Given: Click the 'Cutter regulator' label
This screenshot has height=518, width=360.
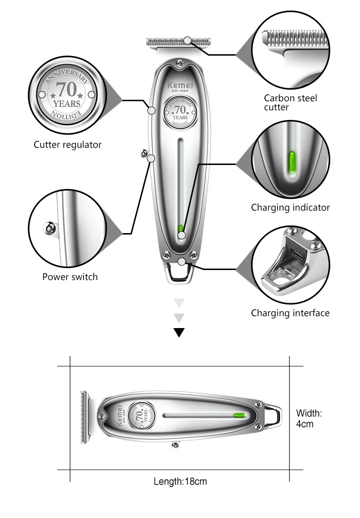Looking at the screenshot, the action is coord(67,145).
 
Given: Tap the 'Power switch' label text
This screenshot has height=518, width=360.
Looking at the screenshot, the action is coord(70,277).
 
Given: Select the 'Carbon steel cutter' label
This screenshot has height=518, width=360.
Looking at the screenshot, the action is coord(290,103).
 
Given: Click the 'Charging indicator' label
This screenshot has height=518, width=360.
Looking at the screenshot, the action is coord(290,208).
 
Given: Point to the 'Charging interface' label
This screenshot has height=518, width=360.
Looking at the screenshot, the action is coord(290,313).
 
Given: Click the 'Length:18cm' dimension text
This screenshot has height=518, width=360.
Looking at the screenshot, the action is coord(180,482).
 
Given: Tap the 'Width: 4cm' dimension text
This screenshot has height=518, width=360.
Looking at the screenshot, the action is coord(309,419).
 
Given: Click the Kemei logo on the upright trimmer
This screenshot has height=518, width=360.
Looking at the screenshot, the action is coord(180,85).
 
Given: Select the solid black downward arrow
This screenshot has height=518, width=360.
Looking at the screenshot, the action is coord(179,332).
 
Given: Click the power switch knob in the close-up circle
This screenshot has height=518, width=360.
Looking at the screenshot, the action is coord(49,228).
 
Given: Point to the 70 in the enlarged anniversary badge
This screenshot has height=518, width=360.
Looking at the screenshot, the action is coord(67,89).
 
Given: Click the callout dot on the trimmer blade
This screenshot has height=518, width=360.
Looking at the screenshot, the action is coord(187,41).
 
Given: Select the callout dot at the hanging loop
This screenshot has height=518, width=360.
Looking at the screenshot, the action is coord(181,262).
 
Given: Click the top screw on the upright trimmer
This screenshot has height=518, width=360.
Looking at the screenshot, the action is coord(180,62).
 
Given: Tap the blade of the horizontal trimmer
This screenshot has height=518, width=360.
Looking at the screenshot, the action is coord(85,417).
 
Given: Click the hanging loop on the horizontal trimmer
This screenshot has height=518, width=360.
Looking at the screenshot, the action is coord(273,416).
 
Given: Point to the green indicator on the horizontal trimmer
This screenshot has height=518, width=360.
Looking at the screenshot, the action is coord(240,415).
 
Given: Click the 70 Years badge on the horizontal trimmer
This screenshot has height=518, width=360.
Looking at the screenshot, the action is coord(142,415).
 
